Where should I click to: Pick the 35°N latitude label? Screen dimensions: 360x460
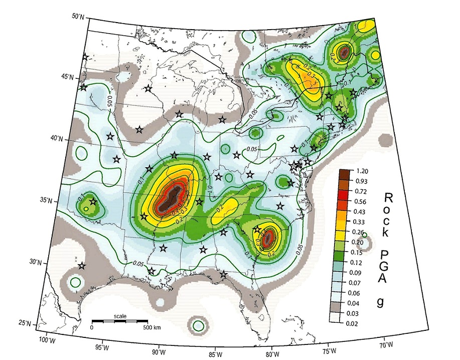coord(46,200)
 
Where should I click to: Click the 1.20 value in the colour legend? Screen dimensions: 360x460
coord(361,171)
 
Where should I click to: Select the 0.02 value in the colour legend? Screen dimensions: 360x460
coord(361,323)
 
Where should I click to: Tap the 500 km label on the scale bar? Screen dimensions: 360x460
coord(150,327)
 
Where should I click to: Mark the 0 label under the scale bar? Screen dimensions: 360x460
coord(92,327)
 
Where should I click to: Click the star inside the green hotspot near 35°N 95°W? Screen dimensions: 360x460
coord(93,202)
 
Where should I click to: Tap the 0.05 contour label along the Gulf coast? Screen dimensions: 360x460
coord(140,263)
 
